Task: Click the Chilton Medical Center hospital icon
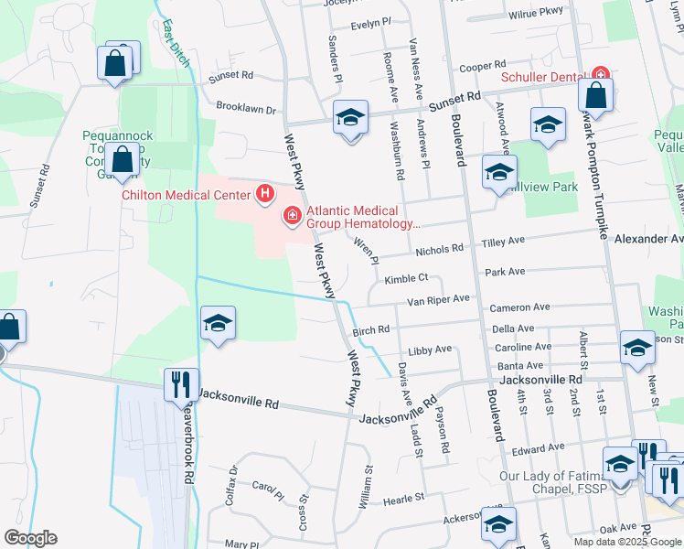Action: pyautogui.click(x=265, y=194)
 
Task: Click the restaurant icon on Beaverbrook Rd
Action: pyautogui.click(x=180, y=383)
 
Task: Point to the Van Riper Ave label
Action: pyautogui.click(x=438, y=299)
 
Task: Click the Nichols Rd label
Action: pyautogui.click(x=440, y=249)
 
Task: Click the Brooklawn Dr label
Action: pyautogui.click(x=245, y=108)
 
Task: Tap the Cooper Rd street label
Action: pyautogui.click(x=482, y=67)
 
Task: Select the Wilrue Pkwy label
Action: pyautogui.click(x=536, y=14)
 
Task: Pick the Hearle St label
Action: pyautogui.click(x=404, y=499)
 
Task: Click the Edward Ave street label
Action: pyautogui.click(x=538, y=448)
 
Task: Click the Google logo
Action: pyautogui.click(x=30, y=538)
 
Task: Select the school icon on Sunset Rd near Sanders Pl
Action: pyautogui.click(x=349, y=119)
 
